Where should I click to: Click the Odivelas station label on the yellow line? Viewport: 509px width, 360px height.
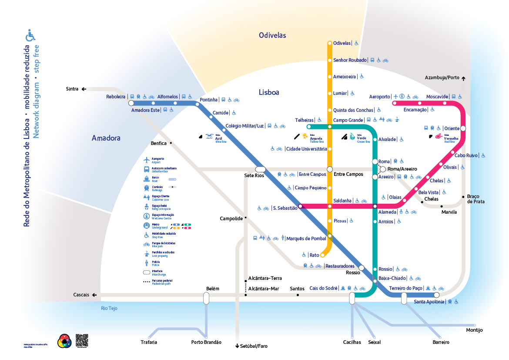(x=342, y=43)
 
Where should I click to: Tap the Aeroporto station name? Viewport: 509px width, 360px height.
(x=379, y=97)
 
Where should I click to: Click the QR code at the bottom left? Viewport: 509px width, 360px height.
(x=82, y=340)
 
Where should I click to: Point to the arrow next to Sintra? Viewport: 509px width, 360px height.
(x=84, y=89)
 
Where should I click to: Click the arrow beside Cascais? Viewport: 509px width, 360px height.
(x=95, y=295)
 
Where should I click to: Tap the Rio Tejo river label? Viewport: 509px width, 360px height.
(x=109, y=309)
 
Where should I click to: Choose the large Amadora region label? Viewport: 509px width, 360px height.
(x=106, y=138)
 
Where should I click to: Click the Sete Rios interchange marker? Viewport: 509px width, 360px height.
(x=260, y=169)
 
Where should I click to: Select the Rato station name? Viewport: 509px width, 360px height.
(x=314, y=255)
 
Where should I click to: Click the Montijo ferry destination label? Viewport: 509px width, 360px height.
(x=474, y=330)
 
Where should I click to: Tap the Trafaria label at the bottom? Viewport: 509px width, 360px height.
(x=149, y=342)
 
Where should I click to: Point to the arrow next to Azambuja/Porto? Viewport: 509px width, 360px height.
(x=464, y=78)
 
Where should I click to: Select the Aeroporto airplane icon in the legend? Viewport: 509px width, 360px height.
(x=147, y=160)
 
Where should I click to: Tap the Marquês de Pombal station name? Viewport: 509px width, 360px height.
(x=306, y=239)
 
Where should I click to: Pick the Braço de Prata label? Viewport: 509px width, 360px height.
(x=476, y=199)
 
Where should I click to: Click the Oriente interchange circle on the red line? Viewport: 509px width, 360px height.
(x=463, y=128)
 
